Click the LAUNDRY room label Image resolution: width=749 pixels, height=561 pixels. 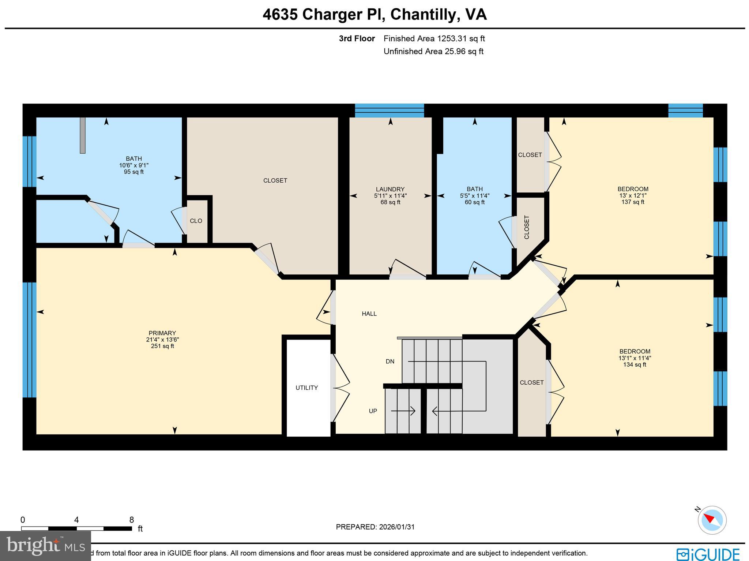[x=390, y=189]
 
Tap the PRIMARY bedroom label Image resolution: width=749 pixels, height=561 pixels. [x=162, y=333]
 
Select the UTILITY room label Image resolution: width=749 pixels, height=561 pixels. [x=306, y=388]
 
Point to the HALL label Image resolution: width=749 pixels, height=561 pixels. [x=369, y=314]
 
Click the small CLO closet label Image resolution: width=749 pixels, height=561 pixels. [x=196, y=221]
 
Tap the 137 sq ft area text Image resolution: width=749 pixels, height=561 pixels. [x=633, y=202]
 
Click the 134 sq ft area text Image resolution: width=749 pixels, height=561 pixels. [x=635, y=364]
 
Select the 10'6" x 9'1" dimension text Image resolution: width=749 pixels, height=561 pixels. [x=134, y=165]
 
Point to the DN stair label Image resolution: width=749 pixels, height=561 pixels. [x=390, y=362]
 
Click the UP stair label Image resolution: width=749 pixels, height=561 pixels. [x=373, y=411]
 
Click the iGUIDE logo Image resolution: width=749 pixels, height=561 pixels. [x=708, y=554]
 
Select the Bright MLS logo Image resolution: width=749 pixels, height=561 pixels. [x=45, y=546]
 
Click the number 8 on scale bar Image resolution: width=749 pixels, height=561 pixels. [x=131, y=520]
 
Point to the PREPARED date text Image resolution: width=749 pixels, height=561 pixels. [x=375, y=527]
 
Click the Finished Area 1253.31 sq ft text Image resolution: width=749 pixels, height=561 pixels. [x=434, y=39]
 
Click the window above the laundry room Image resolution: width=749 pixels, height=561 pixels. [x=389, y=111]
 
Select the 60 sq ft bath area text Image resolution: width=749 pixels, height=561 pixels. [x=474, y=202]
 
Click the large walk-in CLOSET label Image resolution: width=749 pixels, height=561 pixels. [x=275, y=180]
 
